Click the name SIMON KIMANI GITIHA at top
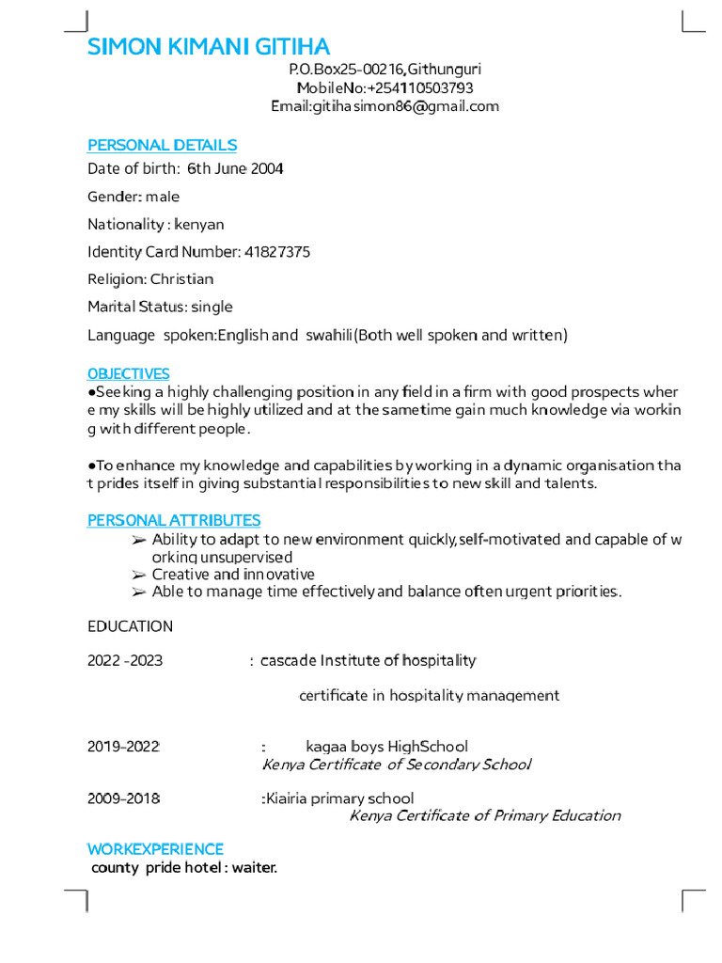click(209, 47)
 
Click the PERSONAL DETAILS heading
click(162, 145)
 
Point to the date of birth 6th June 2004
click(235, 169)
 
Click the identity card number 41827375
click(277, 252)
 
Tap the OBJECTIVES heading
click(129, 374)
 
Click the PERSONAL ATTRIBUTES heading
click(174, 520)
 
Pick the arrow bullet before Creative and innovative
click(138, 575)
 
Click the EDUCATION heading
click(130, 626)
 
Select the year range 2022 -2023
click(125, 661)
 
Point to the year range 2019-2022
click(123, 747)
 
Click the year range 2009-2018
click(123, 798)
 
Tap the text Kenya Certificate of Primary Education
click(484, 815)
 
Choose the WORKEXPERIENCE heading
click(155, 849)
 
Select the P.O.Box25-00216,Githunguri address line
click(385, 70)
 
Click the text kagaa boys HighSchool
click(386, 747)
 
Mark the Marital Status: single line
click(160, 307)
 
